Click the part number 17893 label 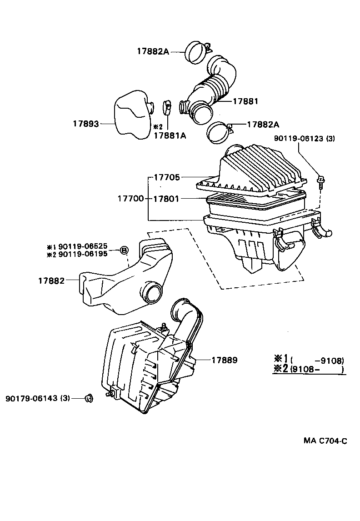[85, 123]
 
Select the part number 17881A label [170, 135]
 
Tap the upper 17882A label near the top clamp [153, 52]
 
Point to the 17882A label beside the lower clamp [263, 124]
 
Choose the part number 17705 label [166, 178]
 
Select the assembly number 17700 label [131, 199]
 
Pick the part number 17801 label [166, 199]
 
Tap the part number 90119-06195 [83, 254]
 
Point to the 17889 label [224, 360]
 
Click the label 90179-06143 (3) [38, 398]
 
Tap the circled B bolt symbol [124, 250]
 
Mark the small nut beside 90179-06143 [89, 399]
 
